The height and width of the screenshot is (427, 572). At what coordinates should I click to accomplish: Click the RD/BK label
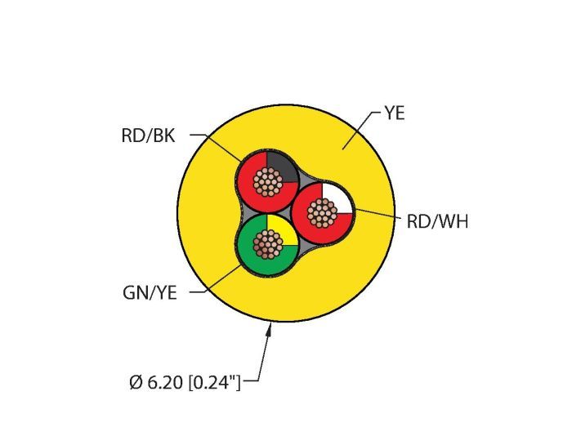point(147,136)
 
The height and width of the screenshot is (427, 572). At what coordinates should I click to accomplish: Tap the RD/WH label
point(436,220)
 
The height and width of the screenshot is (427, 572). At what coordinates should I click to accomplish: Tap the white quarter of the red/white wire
point(338,197)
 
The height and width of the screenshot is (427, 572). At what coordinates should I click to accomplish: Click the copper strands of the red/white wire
point(323,214)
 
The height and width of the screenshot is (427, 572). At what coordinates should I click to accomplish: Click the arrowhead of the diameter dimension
point(271,327)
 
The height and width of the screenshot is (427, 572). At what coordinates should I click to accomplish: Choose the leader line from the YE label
point(360,130)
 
